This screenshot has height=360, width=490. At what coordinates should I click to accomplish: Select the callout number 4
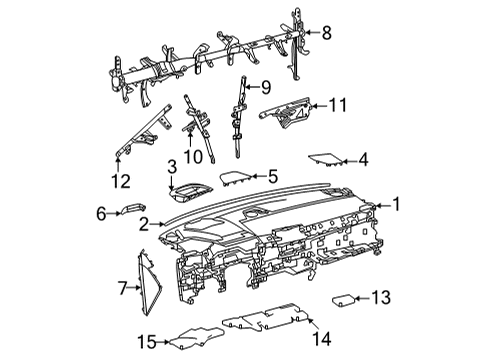(x=363, y=158)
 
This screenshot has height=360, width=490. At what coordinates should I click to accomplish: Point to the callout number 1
(x=397, y=205)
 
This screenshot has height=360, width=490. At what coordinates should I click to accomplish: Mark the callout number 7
(x=123, y=289)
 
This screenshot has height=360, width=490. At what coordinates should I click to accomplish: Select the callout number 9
(x=265, y=86)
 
